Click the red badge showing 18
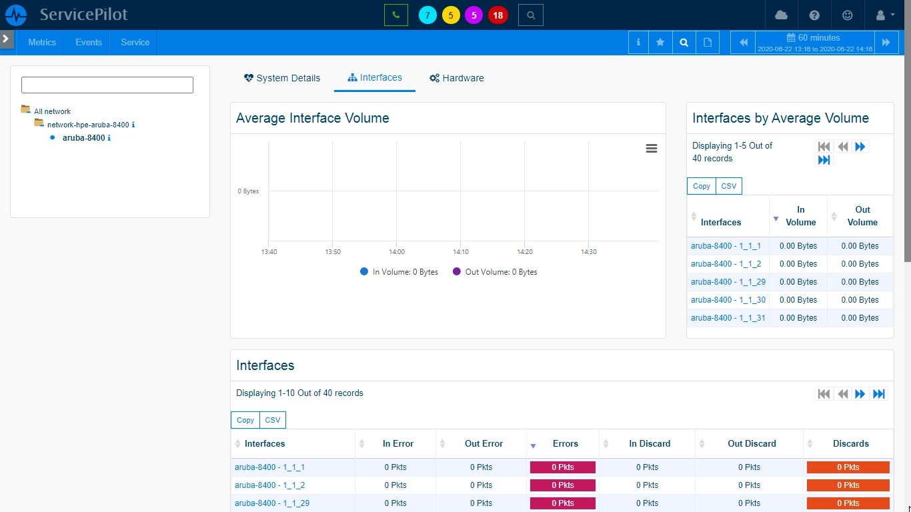[498, 15]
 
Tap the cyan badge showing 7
[427, 15]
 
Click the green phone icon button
[396, 15]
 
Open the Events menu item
[89, 42]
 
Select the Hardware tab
[457, 78]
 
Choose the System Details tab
[282, 78]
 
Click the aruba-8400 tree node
[83, 138]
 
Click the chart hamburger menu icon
[652, 149]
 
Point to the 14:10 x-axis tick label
[461, 252]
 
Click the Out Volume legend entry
[495, 271]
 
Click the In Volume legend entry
[399, 271]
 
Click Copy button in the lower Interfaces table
[245, 420]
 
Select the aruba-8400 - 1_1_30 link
[728, 300]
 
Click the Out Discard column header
[752, 444]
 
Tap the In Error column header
[397, 444]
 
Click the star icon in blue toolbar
[660, 42]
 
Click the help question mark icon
[814, 15]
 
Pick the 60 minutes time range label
[814, 38]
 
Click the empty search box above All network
[107, 85]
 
